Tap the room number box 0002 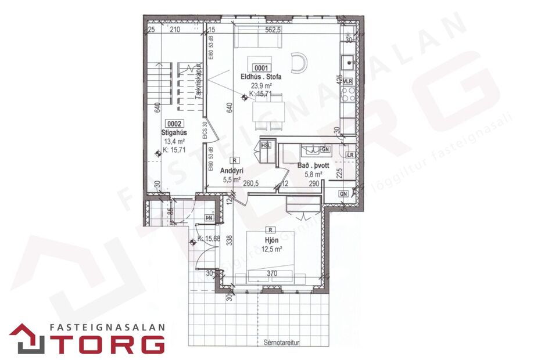point(175,123)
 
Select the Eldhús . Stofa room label point(261,77)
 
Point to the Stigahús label point(173,132)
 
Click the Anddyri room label point(231,171)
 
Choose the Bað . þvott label point(314,165)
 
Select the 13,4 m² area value point(174,141)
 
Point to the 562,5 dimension point(273,30)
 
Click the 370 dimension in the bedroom point(273,273)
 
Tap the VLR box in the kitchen point(348,81)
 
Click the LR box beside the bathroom point(350,155)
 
